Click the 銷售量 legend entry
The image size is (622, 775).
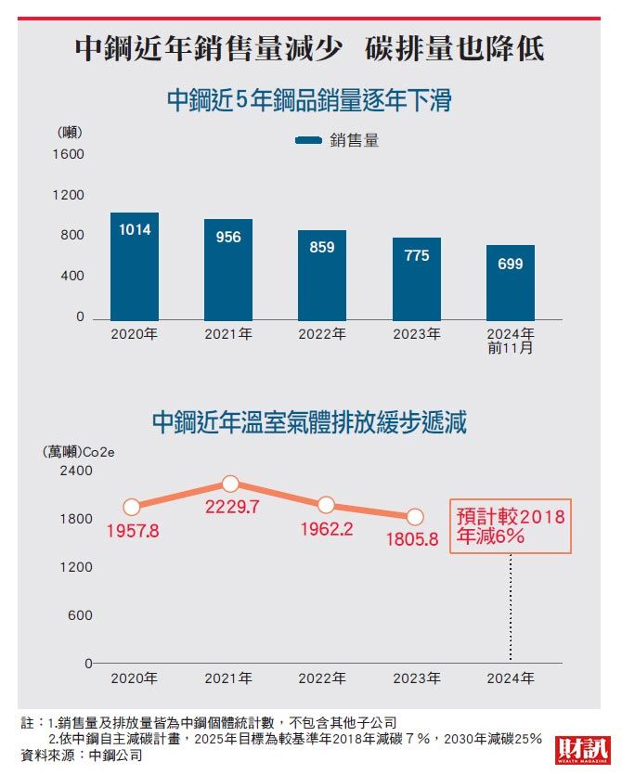coord(338,141)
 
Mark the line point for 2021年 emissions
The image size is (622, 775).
coord(230,484)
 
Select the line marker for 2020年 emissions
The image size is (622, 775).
coord(132,507)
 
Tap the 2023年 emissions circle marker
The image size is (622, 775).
coord(415,517)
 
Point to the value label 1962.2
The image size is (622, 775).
coord(325,529)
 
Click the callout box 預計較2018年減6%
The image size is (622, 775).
coord(511,526)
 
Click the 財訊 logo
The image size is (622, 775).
coord(582,750)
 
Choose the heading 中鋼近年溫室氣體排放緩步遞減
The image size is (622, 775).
coord(309,424)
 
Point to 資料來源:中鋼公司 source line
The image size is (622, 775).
coord(82,756)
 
